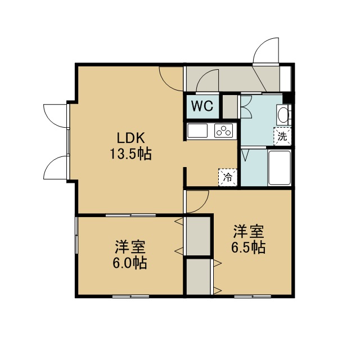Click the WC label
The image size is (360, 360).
202,106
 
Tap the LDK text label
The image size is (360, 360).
131,138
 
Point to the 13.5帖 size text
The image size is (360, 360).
131,154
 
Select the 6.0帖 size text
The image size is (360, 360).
130,263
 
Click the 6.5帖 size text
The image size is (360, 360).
249,247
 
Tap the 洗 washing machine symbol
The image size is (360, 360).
282,136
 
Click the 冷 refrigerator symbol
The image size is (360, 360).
227,177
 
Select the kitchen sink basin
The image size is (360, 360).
197,130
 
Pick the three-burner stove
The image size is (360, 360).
224,131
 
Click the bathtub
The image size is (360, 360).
280,168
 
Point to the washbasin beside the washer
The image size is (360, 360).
282,114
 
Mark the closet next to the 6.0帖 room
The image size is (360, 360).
199,236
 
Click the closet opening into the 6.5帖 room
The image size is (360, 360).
199,277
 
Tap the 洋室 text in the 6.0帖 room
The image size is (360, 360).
130,247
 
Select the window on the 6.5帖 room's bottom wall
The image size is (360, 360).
253,296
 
